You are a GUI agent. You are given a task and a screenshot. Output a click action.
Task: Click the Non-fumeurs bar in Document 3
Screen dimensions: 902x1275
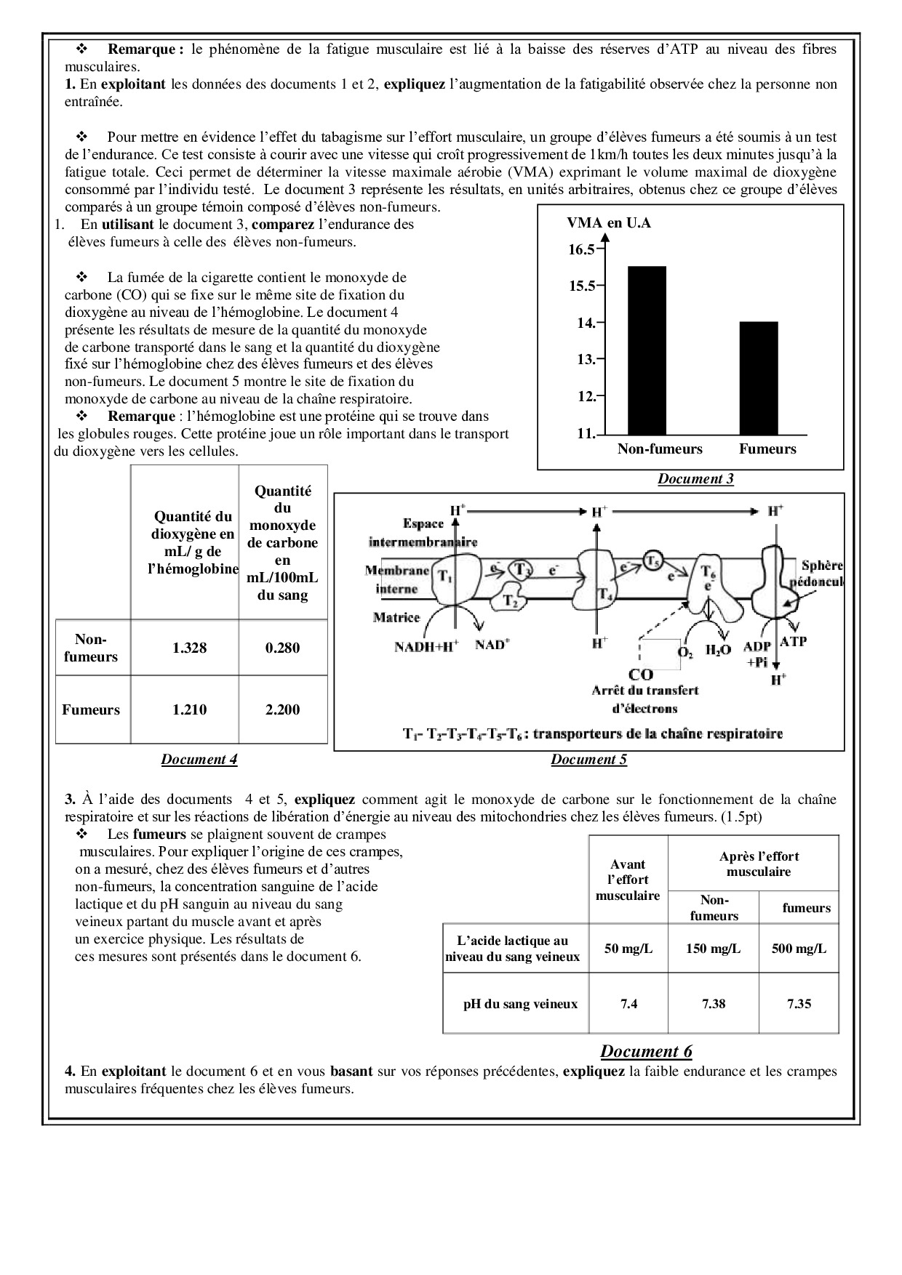coord(647,350)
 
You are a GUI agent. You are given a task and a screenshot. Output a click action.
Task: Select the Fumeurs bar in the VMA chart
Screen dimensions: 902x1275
coord(759,378)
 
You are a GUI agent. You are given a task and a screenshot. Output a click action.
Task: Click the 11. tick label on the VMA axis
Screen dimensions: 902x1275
coord(586,433)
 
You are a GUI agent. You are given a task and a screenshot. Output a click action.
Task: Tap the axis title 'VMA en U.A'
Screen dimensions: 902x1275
coord(609,222)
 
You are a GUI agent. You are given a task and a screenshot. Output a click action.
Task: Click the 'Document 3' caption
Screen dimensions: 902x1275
coord(695,478)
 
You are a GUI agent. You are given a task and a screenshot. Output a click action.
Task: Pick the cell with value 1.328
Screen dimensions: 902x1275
coord(189,648)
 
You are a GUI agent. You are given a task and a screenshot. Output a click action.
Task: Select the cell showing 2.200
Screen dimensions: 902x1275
coord(282,709)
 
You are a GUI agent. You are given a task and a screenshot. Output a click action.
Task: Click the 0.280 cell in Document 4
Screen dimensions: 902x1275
coord(282,648)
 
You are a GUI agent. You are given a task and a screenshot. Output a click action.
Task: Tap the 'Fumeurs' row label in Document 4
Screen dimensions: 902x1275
coord(91,709)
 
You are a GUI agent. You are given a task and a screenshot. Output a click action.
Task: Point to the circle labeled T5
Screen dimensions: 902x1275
coord(652,560)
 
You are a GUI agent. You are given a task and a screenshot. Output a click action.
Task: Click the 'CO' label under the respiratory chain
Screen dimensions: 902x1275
coord(641,675)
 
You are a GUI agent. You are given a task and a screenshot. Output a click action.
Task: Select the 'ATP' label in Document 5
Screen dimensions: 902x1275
coord(793,642)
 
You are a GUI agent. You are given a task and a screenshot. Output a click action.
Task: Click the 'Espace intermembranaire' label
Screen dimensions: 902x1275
coord(423,533)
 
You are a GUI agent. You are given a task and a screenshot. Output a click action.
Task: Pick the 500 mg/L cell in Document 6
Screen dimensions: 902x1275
coord(799,949)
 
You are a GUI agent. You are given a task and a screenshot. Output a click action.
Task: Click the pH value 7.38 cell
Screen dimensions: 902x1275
coord(714,1004)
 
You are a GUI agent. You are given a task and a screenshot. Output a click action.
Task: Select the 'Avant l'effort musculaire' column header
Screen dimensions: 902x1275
coord(628,880)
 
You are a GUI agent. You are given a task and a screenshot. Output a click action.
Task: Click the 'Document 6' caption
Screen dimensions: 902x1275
coord(646,1051)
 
